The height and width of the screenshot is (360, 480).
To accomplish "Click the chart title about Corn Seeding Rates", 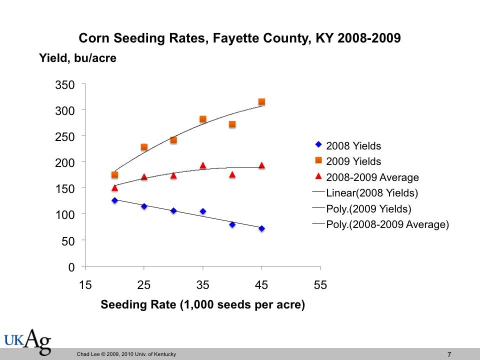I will pyautogui.click(x=240, y=38).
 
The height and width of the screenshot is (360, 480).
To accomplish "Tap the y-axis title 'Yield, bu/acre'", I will pyautogui.click(x=77, y=58).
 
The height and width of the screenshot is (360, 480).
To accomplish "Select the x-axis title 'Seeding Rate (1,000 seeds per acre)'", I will pyautogui.click(x=203, y=304).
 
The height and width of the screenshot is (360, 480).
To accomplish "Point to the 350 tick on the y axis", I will pyautogui.click(x=65, y=85).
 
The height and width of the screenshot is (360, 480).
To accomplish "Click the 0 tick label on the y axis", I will pyautogui.click(x=71, y=267).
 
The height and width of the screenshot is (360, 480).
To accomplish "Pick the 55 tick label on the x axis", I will pyautogui.click(x=320, y=285).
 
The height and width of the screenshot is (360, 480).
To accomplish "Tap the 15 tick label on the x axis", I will pyautogui.click(x=85, y=285).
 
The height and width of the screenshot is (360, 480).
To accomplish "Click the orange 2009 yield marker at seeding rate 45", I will pyautogui.click(x=261, y=102).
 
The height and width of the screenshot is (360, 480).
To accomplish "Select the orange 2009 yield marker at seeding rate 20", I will pyautogui.click(x=114, y=175).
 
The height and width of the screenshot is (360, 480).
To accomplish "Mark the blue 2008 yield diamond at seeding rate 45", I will pyautogui.click(x=261, y=228).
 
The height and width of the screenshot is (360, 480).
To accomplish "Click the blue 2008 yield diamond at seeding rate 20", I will pyautogui.click(x=114, y=200).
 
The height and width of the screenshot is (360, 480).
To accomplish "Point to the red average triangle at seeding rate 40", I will pyautogui.click(x=232, y=174).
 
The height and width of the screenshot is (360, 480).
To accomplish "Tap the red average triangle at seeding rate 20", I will pyautogui.click(x=114, y=188).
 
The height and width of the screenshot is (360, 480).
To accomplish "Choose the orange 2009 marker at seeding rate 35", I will pyautogui.click(x=203, y=119).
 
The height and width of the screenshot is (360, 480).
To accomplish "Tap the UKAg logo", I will pyautogui.click(x=28, y=341).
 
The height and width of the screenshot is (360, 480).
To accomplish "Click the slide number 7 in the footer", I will pyautogui.click(x=449, y=354).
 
